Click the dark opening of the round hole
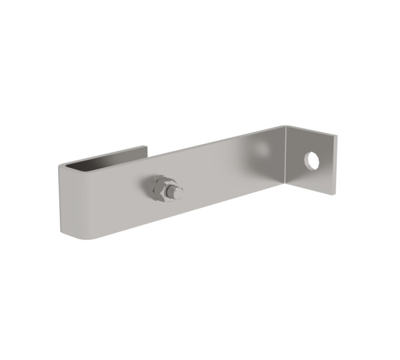pyautogui.click(x=311, y=159)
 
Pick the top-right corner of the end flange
pyautogui.click(x=337, y=135)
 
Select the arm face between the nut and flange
pyautogui.click(x=227, y=180)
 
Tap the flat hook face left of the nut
pyautogui.click(x=107, y=200)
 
